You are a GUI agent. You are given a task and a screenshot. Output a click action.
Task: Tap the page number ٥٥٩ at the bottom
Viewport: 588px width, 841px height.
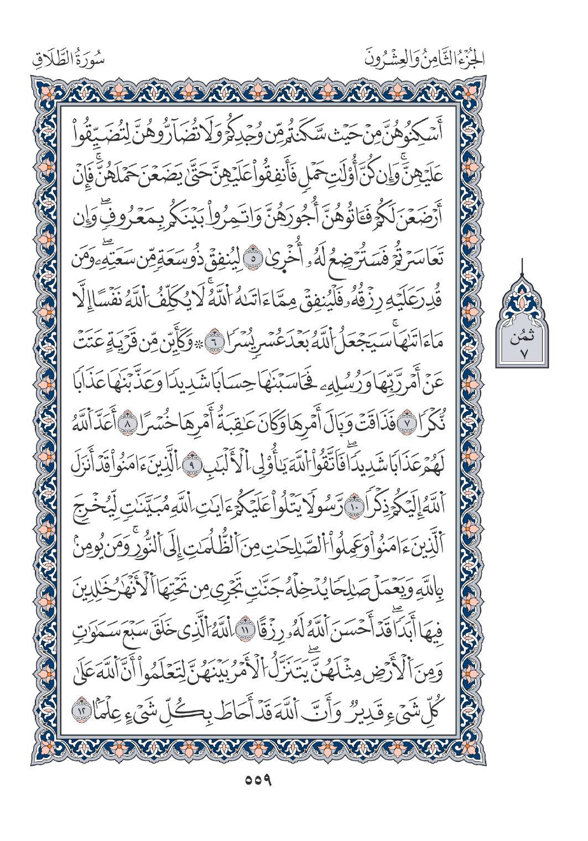[x=258, y=781]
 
